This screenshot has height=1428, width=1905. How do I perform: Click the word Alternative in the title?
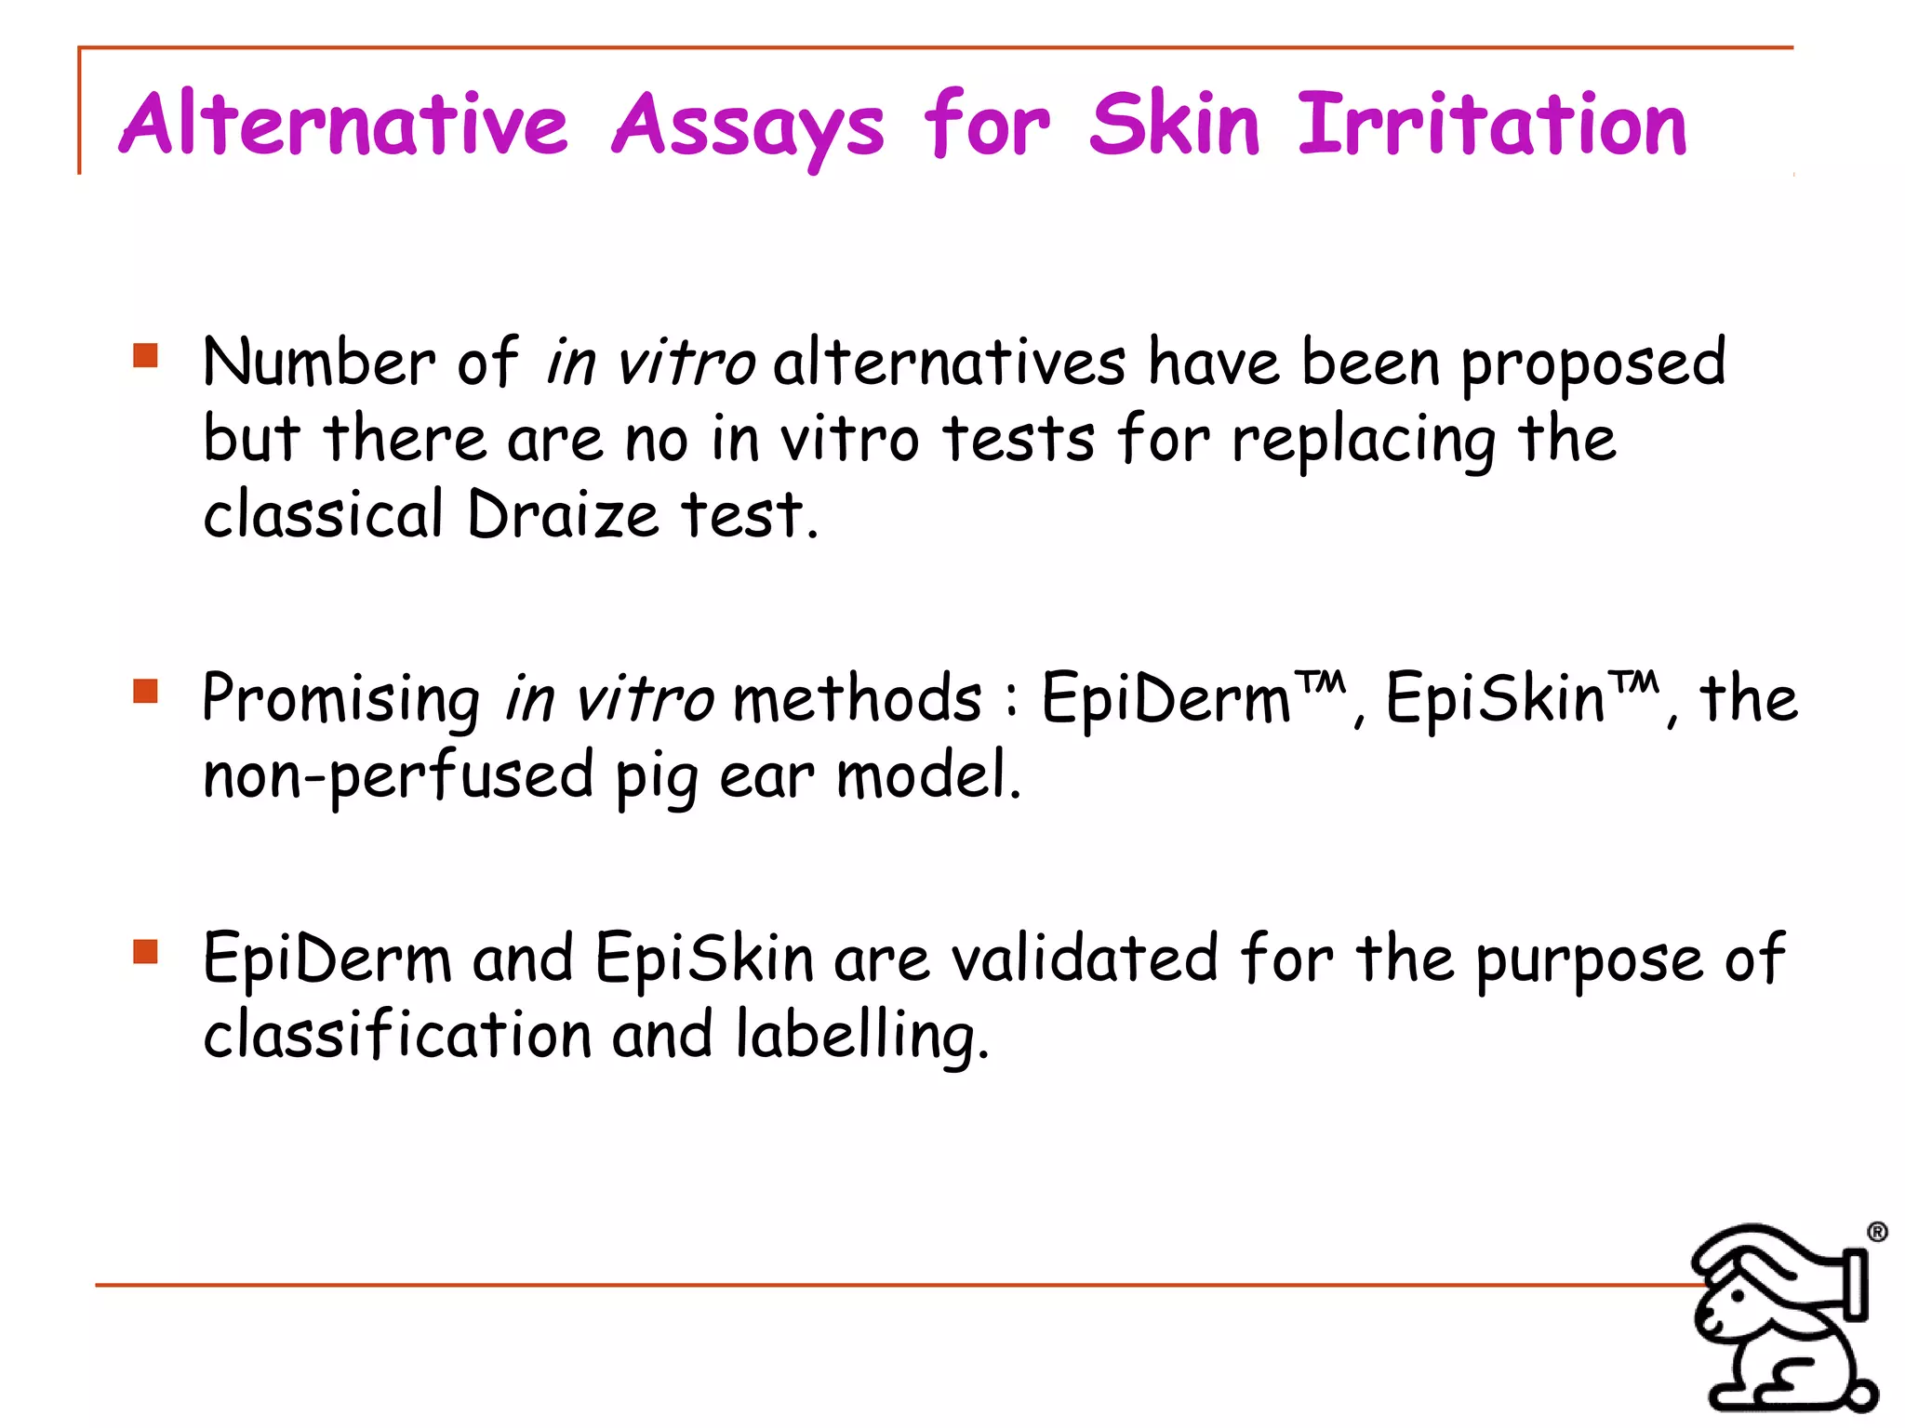click(x=343, y=124)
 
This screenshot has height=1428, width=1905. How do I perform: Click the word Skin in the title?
click(x=1174, y=124)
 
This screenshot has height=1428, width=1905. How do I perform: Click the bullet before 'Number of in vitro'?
click(x=145, y=355)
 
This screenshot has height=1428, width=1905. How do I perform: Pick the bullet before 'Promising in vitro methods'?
click(x=145, y=691)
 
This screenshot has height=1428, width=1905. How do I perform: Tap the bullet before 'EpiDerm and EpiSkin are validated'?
click(x=145, y=951)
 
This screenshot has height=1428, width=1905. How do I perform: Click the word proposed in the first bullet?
click(x=1593, y=364)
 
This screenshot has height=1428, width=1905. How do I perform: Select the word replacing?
click(x=1365, y=441)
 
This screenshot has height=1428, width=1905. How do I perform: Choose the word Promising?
click(x=340, y=700)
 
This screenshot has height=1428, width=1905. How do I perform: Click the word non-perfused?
click(x=398, y=775)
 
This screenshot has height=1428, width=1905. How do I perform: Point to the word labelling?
click(x=861, y=1036)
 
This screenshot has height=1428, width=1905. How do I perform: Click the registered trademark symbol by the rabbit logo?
click(x=1877, y=1232)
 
